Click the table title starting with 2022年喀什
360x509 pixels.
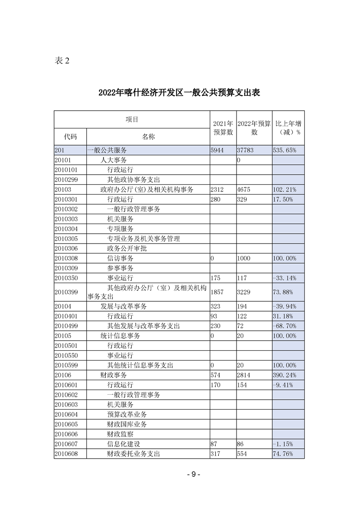coord(179,93)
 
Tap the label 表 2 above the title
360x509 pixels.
coord(62,61)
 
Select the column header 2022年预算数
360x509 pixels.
coord(254,128)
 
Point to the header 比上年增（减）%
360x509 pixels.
coord(288,128)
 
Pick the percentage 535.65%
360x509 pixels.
coord(285,150)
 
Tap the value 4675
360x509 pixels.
coord(244,190)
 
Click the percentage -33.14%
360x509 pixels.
coord(285,278)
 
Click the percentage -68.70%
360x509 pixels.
coord(285,326)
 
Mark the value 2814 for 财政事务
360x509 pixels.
coord(244,375)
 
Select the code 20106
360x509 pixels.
coord(63,375)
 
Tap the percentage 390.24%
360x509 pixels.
coord(285,375)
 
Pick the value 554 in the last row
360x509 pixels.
coord(243,454)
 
